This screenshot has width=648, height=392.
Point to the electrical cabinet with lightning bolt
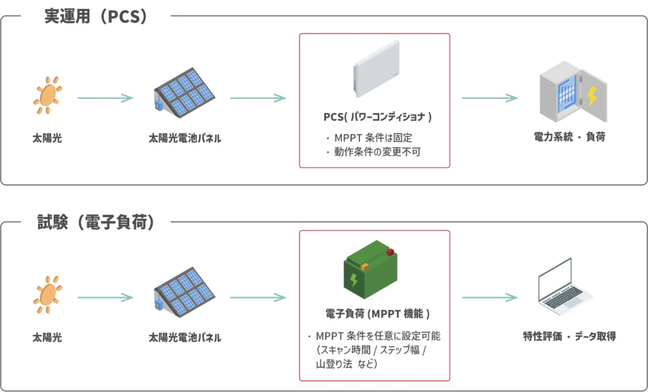(x=572, y=92)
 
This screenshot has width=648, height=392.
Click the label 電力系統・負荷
(x=569, y=136)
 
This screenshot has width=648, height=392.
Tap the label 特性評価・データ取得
(x=569, y=336)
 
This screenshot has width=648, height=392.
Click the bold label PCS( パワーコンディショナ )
(x=375, y=118)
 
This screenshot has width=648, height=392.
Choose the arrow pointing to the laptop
(x=490, y=298)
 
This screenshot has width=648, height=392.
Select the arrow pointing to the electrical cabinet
(x=490, y=98)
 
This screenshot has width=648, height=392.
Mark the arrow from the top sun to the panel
(x=105, y=98)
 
